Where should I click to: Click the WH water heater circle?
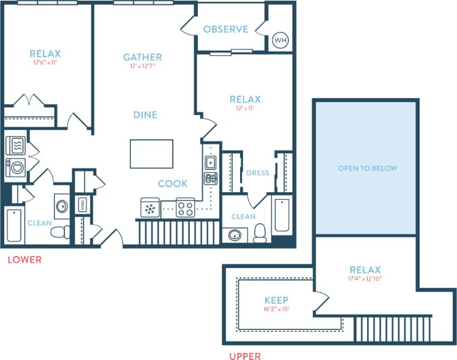pyautogui.click(x=280, y=40)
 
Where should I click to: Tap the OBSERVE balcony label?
pyautogui.click(x=225, y=29)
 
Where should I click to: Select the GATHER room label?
pyautogui.click(x=142, y=58)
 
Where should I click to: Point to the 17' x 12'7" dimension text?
pyautogui.click(x=142, y=67)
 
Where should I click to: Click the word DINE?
pyautogui.click(x=145, y=114)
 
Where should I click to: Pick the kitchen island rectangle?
pyautogui.click(x=151, y=154)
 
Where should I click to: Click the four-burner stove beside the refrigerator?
pyautogui.click(x=185, y=208)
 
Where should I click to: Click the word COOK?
pyautogui.click(x=173, y=184)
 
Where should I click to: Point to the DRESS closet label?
pyautogui.click(x=258, y=173)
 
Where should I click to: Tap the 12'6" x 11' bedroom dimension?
pyautogui.click(x=45, y=62)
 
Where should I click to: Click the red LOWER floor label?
pyautogui.click(x=25, y=260)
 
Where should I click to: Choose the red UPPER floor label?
pyautogui.click(x=244, y=355)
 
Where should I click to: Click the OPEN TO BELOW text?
pyautogui.click(x=368, y=168)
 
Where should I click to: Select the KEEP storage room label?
pyautogui.click(x=276, y=301)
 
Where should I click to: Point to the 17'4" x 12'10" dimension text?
pyautogui.click(x=365, y=279)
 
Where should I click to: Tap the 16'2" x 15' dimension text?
pyautogui.click(x=276, y=309)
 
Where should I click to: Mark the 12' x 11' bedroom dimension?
pyautogui.click(x=245, y=108)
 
